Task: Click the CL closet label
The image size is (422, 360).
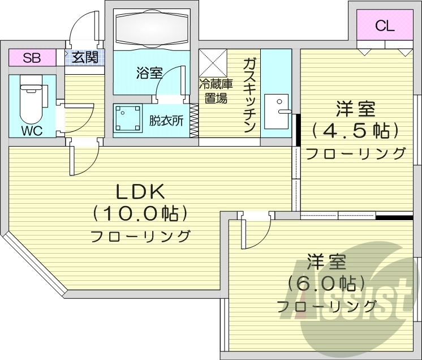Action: [385, 25]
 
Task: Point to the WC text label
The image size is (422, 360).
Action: [32, 130]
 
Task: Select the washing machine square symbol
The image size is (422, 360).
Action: [128, 119]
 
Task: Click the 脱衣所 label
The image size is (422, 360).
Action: [166, 121]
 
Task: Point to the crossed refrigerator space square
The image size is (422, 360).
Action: [213, 61]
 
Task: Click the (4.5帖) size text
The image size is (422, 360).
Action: [356, 130]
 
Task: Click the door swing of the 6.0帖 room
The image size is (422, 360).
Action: [255, 232]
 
